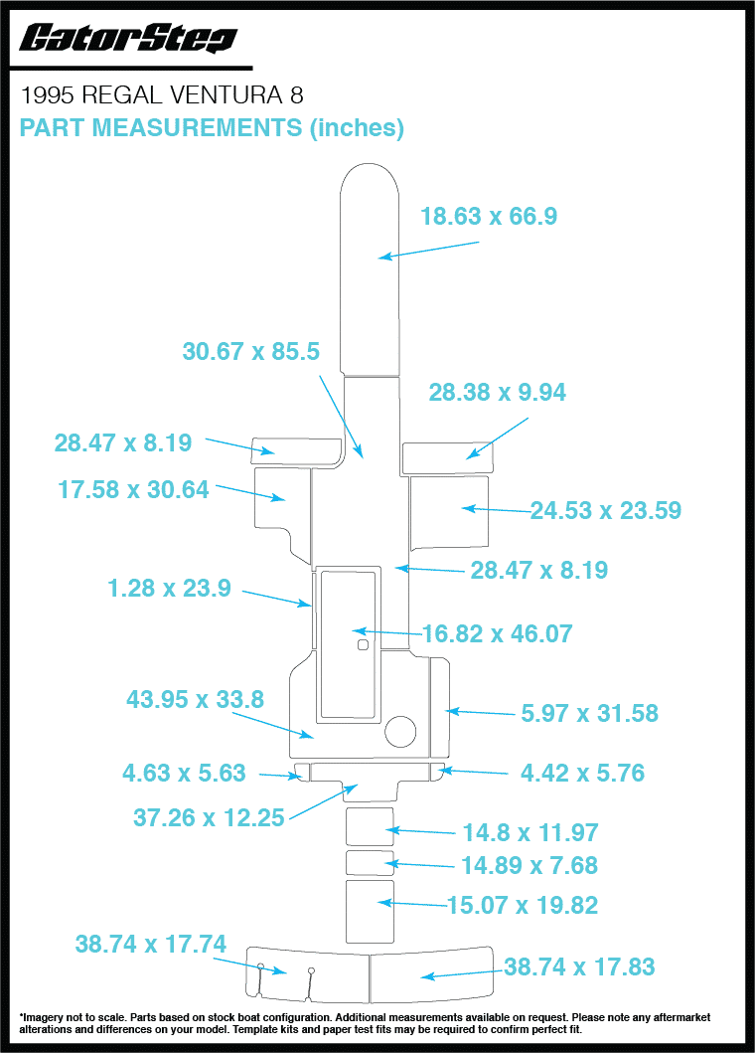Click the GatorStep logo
click(128, 38)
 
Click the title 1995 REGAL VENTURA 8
click(162, 95)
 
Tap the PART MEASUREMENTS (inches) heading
click(212, 127)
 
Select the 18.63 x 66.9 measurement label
click(489, 216)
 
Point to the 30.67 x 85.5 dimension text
click(251, 351)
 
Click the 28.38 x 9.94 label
click(498, 392)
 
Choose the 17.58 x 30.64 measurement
click(133, 489)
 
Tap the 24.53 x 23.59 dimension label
click(606, 510)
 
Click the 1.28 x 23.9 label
click(169, 589)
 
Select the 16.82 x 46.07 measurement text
click(498, 634)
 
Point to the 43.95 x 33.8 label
click(196, 700)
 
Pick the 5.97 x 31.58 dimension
click(590, 713)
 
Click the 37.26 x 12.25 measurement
click(209, 818)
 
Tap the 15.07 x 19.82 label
click(523, 905)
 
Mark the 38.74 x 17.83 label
click(579, 967)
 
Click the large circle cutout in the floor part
click(400, 731)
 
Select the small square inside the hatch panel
click(363, 645)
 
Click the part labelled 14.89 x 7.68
click(370, 863)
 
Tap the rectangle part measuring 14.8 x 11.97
click(370, 826)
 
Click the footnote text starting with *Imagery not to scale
click(365, 1023)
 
